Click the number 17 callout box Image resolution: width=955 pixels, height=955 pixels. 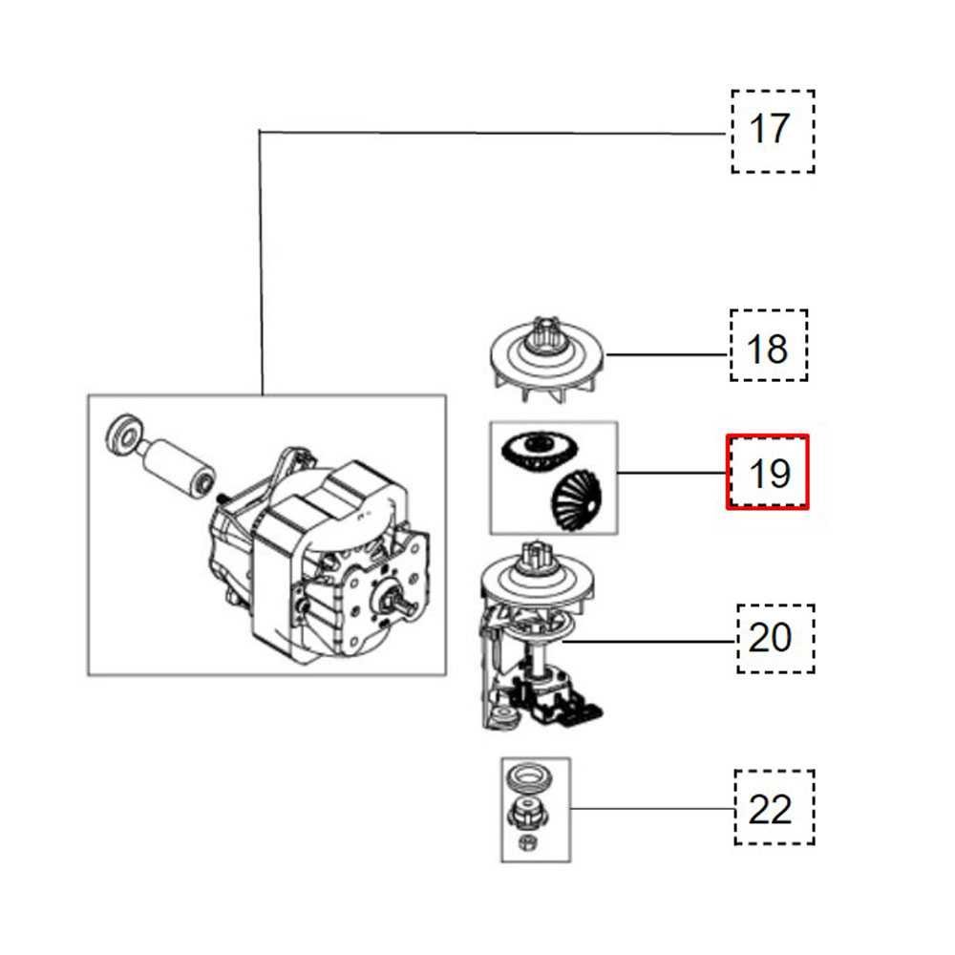pyautogui.click(x=773, y=132)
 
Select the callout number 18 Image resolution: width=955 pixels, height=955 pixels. pyautogui.click(x=768, y=346)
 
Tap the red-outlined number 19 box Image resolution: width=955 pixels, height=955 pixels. pyautogui.click(x=768, y=473)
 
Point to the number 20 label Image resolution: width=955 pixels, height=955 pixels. pyautogui.click(x=775, y=638)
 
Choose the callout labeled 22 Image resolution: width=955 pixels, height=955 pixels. pyautogui.click(x=774, y=808)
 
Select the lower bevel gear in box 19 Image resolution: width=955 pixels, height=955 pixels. pyautogui.click(x=571, y=496)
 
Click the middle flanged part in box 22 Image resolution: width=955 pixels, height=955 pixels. pyautogui.click(x=526, y=814)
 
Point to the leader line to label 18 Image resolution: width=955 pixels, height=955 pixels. pyautogui.click(x=668, y=354)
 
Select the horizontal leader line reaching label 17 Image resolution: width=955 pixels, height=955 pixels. pyautogui.click(x=487, y=132)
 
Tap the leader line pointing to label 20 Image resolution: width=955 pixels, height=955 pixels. pyautogui.click(x=649, y=642)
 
